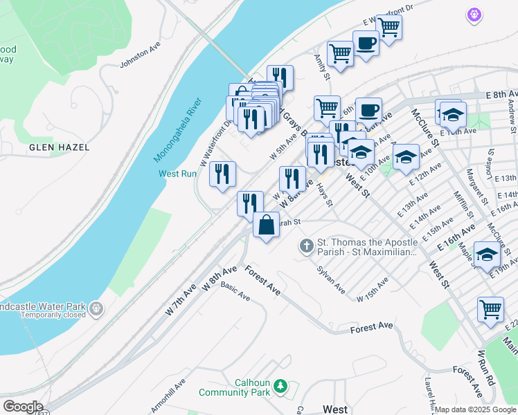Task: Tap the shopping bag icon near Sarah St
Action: point(266,225)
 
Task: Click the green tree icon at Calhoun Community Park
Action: point(280,385)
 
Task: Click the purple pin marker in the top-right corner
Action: point(474,14)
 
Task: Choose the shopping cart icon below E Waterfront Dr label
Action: point(388,28)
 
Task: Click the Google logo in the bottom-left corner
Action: point(22,407)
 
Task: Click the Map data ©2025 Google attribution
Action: point(475,409)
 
